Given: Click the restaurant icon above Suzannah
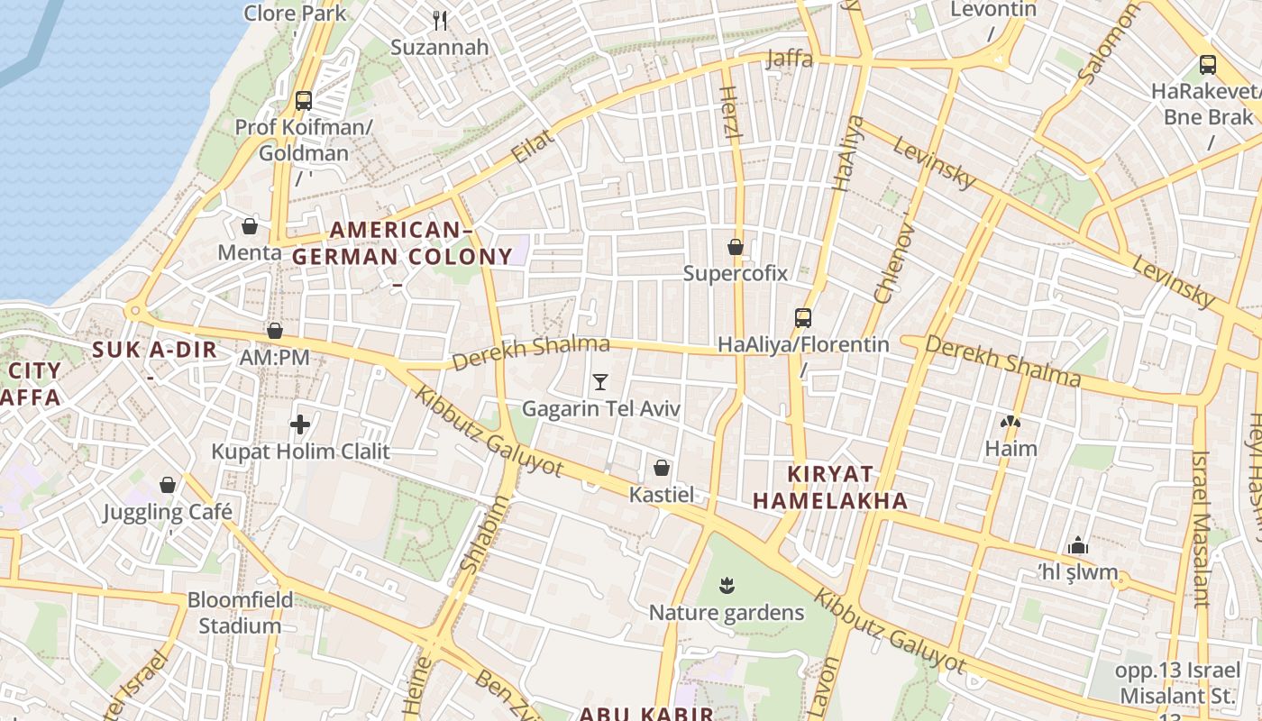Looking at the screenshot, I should [440, 19].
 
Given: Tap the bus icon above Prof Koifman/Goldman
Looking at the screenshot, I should [304, 100].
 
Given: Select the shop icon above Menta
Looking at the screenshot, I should [250, 225].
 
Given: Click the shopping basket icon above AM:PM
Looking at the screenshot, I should [275, 331].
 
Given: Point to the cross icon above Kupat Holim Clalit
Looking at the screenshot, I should [300, 424].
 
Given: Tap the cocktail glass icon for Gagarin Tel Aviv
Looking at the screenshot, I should [600, 382].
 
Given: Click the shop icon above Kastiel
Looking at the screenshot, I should [662, 468].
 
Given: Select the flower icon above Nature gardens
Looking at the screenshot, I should [727, 587].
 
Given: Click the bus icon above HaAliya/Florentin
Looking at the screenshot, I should [802, 317].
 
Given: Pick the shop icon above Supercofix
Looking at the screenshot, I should [736, 246].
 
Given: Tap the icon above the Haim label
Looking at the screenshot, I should [1011, 421].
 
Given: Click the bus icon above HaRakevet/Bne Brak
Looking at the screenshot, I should [1207, 65].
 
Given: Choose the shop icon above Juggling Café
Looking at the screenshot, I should [167, 485].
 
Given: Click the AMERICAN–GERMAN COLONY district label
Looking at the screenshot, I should [402, 243].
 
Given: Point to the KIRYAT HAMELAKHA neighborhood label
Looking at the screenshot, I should [830, 488].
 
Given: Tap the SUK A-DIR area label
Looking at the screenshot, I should [155, 351].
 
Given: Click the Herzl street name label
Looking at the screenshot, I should [731, 113].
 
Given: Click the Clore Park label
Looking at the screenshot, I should [295, 13].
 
